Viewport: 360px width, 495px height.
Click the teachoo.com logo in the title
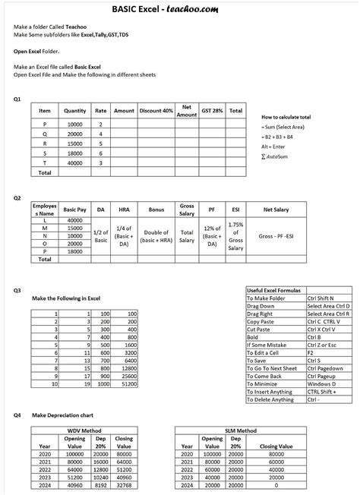pos(227,8)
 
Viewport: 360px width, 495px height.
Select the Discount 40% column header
pos(156,111)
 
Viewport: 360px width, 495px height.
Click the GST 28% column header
pos(212,111)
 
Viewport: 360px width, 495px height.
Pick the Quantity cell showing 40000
pos(75,162)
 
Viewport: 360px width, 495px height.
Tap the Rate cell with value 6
pos(100,153)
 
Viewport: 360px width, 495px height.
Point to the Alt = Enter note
pos(274,147)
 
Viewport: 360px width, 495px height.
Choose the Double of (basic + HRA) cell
pos(156,237)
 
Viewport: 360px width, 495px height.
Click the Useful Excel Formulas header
pos(274,291)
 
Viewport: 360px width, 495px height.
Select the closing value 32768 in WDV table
pos(126,484)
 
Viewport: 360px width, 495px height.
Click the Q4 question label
pos(17,415)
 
